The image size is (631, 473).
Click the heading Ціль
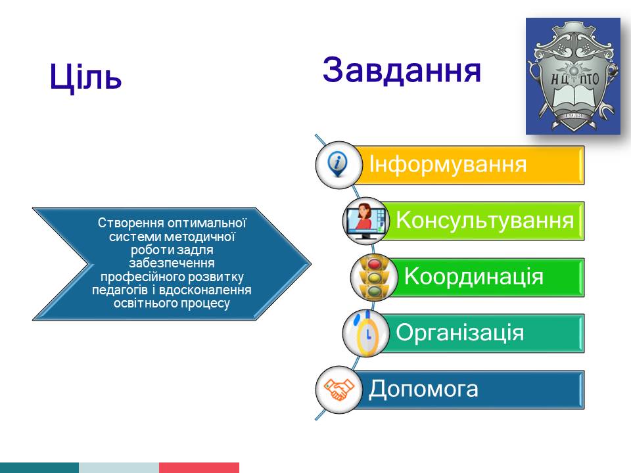85,76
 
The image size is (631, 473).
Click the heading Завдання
402,70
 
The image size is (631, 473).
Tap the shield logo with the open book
573,76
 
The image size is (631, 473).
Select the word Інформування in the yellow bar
448,164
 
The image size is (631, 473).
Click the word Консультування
485,221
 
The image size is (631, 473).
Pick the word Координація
474,277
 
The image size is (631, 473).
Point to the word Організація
459,333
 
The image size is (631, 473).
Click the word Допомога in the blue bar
423,389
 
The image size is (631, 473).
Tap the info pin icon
338,164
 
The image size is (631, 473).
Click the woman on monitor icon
365,221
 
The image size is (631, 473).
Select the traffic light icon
374,277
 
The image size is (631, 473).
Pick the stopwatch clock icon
367,333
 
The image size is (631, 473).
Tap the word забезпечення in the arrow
172,263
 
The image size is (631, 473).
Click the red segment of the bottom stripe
199,468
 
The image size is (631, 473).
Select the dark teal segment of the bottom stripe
39,468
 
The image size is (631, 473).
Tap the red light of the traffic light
375,264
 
